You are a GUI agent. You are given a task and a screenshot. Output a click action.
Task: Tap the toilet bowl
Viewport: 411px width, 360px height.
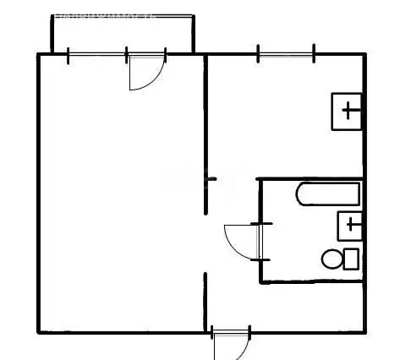tap(330, 258)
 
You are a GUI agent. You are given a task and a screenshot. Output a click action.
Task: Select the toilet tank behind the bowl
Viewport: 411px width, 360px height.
tap(349, 258)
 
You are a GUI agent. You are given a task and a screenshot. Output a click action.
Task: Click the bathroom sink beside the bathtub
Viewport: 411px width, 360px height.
tap(348, 225)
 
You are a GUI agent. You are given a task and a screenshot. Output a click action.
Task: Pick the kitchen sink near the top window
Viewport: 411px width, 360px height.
tap(347, 110)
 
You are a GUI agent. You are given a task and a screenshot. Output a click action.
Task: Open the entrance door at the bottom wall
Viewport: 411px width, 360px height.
tap(230, 342)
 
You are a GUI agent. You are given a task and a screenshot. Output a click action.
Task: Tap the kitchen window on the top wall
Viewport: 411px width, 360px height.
tap(286, 56)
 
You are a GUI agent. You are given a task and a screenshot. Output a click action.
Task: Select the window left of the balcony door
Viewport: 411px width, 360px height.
tap(96, 55)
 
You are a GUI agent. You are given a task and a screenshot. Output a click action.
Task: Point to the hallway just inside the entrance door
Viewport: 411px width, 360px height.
tap(230, 304)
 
